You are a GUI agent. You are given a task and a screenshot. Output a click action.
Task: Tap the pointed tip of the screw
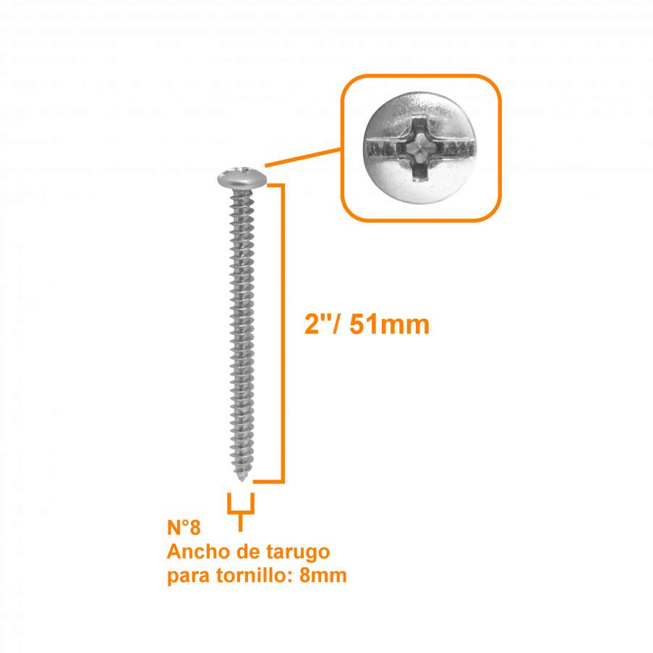click(x=242, y=479)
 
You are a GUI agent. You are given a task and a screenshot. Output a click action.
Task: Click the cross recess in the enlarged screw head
click(x=419, y=149)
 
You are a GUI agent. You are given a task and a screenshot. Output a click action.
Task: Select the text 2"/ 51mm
click(x=367, y=325)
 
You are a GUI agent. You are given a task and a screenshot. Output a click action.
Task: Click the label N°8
click(x=184, y=527)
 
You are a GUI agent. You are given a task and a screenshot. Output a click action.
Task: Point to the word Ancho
click(x=199, y=552)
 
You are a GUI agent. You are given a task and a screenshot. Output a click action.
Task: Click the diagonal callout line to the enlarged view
click(x=304, y=158)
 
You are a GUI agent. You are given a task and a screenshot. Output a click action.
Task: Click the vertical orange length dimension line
click(x=283, y=333)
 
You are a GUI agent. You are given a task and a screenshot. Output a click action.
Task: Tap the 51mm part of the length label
click(x=389, y=325)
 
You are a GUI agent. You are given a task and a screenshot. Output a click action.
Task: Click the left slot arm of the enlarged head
click(x=380, y=148)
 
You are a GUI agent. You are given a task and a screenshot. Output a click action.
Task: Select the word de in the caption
click(x=248, y=552)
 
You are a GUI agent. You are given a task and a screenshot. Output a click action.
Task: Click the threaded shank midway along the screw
click(x=242, y=333)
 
